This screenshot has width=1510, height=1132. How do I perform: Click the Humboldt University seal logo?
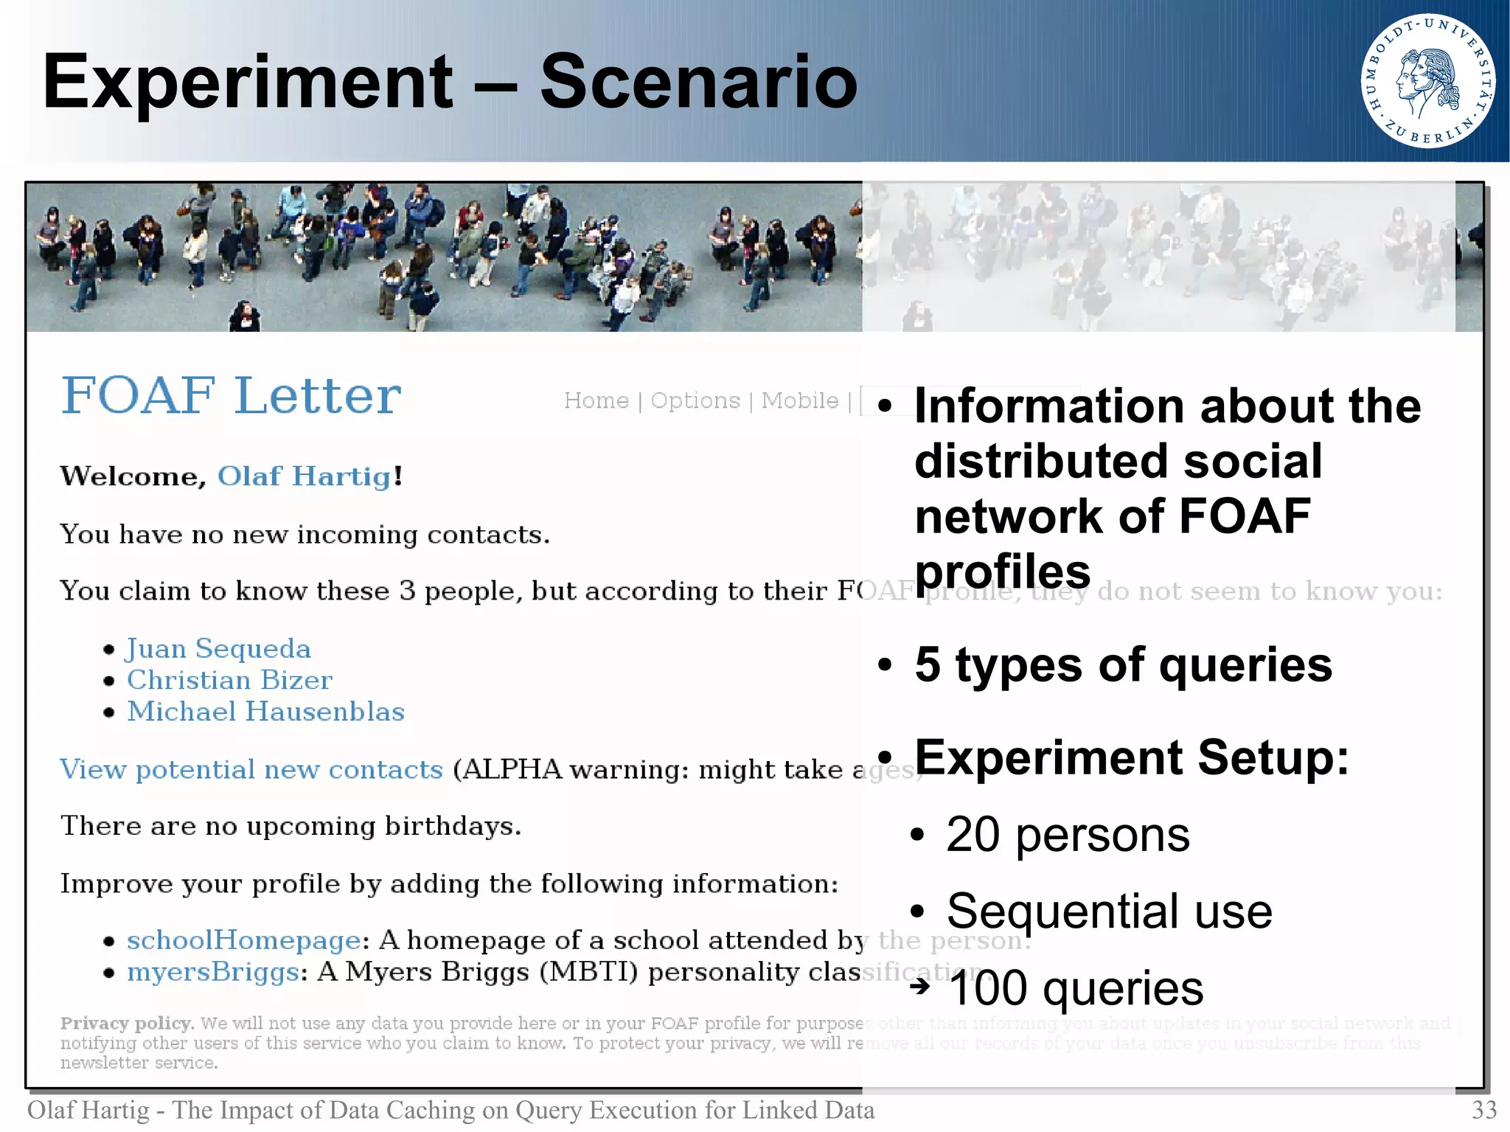tap(1427, 81)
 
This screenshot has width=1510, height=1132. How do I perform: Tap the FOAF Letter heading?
tap(231, 396)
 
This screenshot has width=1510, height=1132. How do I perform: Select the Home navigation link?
tap(596, 400)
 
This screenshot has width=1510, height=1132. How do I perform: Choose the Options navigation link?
tap(695, 400)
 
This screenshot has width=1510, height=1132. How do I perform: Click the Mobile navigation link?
tap(800, 400)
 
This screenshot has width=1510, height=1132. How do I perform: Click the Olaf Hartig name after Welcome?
tap(305, 476)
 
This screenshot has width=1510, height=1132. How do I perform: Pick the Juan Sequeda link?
tap(218, 648)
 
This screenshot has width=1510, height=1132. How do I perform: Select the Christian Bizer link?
tap(229, 680)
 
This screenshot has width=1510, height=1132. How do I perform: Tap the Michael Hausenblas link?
tap(265, 712)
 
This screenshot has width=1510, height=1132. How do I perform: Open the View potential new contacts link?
tap(251, 769)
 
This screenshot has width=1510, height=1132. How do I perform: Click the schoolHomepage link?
tap(243, 940)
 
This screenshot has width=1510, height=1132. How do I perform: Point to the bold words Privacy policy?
tap(126, 1024)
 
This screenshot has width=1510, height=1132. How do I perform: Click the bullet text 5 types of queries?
tap(1123, 664)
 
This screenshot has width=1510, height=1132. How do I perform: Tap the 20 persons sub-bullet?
tap(1067, 835)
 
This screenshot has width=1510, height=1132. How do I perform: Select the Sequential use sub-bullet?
tap(1109, 911)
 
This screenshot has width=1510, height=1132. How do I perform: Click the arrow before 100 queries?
tap(919, 986)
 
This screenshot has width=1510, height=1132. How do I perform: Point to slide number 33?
tap(1483, 1110)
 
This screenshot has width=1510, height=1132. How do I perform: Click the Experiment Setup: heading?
tap(1131, 757)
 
